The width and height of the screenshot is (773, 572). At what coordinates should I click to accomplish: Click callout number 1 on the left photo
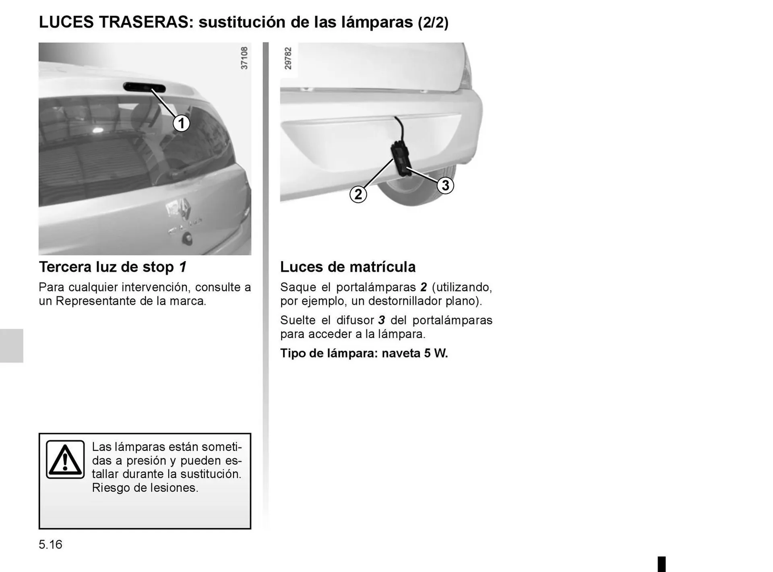click(181, 123)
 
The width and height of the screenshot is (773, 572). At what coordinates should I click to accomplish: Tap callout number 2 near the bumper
click(358, 194)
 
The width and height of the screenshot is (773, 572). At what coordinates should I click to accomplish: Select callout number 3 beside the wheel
click(445, 185)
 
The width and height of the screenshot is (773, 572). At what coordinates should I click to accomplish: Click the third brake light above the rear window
click(144, 87)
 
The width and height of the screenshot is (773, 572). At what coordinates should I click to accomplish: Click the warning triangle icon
click(65, 460)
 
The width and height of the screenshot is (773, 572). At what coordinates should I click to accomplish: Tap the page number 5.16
click(51, 545)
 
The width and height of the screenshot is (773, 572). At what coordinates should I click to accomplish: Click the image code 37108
click(244, 58)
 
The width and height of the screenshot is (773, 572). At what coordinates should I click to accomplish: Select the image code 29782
click(288, 58)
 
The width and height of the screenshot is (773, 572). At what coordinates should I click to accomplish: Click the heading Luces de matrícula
click(347, 267)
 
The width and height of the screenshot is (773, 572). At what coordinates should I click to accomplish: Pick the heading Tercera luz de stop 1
click(113, 267)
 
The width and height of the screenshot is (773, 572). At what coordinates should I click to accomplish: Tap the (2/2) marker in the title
click(433, 23)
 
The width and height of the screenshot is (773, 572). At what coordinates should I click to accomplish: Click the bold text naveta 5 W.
click(415, 353)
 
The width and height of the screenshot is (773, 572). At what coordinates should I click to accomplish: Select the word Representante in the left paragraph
click(95, 301)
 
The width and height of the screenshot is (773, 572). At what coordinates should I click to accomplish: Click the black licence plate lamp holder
click(401, 159)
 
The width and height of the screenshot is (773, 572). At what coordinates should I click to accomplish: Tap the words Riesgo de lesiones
click(145, 488)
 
